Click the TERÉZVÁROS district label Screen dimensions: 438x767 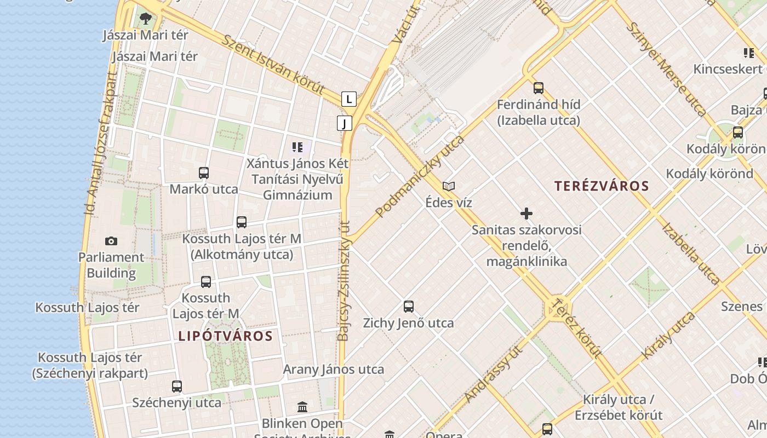pos(601,186)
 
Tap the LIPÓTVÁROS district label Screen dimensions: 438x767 pos(225,336)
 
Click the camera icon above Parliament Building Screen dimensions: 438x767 pos(111,241)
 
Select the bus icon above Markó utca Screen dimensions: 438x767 pos(204,173)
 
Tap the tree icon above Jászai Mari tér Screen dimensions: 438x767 pos(145,19)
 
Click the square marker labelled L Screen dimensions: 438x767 pos(348,99)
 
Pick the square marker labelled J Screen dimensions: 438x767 pos(344,123)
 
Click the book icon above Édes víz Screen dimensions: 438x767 pos(449,187)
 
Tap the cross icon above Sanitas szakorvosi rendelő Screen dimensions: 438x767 pos(526,214)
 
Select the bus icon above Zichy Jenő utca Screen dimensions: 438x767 pos(408,307)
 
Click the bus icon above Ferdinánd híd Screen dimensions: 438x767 pos(539,88)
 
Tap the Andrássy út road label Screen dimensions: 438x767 pos(493,374)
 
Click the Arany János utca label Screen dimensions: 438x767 pos(333,370)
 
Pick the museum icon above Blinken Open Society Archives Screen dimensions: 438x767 pos(302,407)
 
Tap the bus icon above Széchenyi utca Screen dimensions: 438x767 pos(176,387)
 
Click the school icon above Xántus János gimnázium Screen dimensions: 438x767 pos(297,147)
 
